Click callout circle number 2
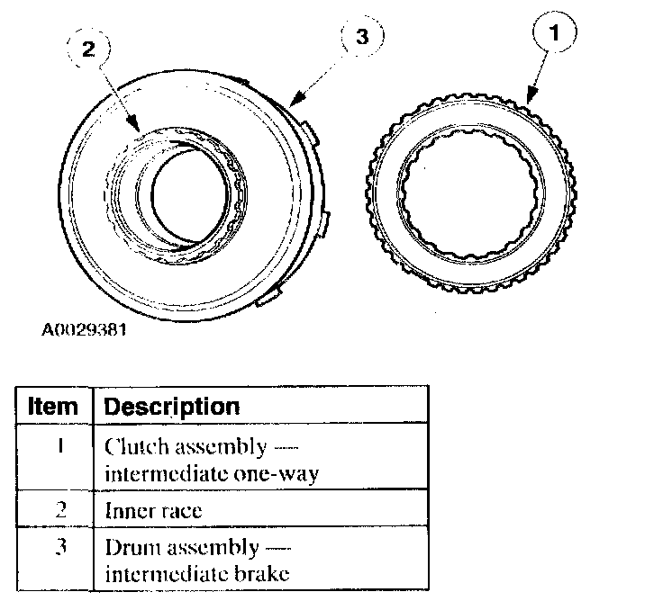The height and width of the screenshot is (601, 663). [88, 50]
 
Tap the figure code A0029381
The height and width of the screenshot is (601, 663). [84, 329]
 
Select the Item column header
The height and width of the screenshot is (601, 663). [53, 406]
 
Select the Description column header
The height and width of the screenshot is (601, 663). [172, 406]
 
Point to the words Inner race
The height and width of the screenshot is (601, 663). [153, 510]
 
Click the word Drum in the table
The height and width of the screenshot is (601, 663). [128, 547]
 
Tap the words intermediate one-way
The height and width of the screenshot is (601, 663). [211, 472]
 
